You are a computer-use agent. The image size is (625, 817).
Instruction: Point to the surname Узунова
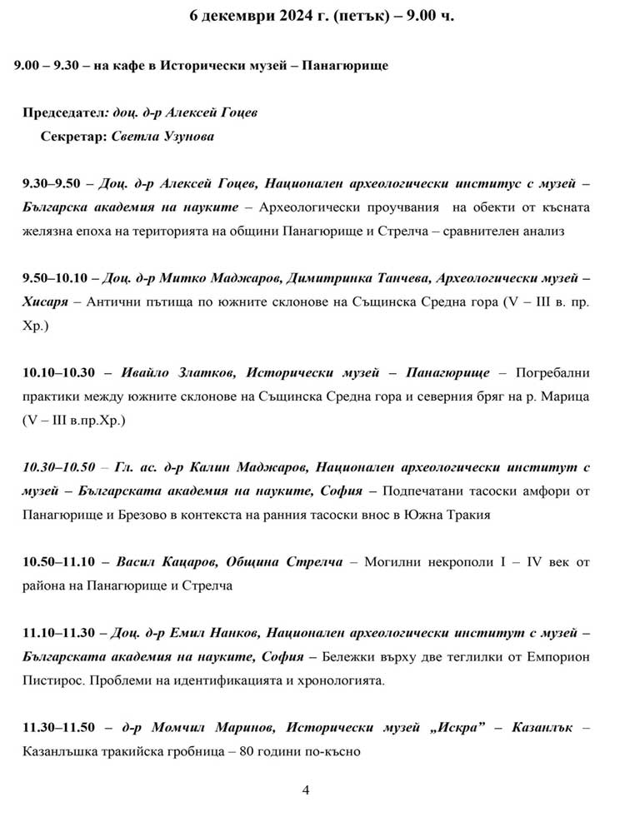pyautogui.click(x=182, y=136)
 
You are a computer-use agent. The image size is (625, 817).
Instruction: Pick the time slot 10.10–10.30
pyautogui.click(x=59, y=372)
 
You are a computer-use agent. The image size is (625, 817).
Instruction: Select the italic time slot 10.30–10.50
pyautogui.click(x=59, y=467)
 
